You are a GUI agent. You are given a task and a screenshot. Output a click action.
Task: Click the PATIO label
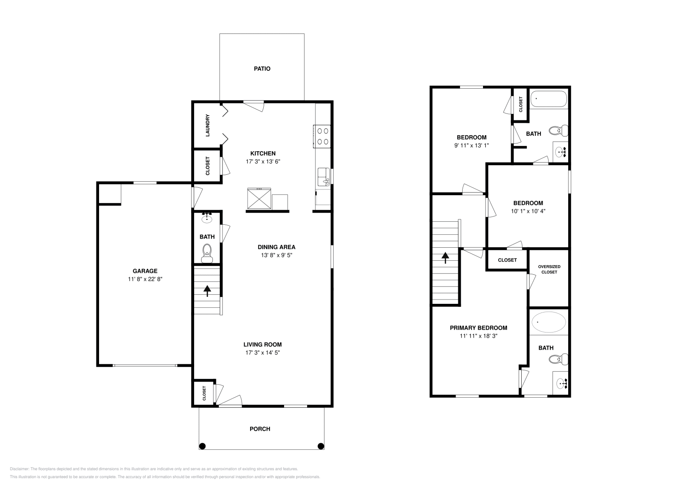pos(262,69)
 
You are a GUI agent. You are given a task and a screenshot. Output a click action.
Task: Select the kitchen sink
pos(323,176)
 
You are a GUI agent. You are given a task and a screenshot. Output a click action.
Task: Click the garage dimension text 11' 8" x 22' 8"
pos(145,279)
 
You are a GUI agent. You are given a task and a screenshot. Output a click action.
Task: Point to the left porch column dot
pos(202,445)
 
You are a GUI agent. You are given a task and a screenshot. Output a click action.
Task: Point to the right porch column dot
pos(321,445)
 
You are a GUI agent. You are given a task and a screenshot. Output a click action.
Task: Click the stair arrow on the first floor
pos(207,290)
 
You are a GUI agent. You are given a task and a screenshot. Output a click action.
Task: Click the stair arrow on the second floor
pos(445,258)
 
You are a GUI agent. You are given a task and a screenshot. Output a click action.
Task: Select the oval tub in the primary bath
pos(549,322)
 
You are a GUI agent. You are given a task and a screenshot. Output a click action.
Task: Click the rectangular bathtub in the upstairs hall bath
pos(549,99)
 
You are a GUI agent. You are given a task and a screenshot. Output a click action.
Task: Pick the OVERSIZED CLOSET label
pos(549,269)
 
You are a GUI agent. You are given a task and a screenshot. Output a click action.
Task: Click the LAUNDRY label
pos(208,125)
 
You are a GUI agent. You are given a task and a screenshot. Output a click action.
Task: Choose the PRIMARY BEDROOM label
pos(478,328)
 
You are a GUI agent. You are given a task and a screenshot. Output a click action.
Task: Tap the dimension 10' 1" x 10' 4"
pos(528,211)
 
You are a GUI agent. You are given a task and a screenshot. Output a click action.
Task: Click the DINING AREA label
pos(276,247)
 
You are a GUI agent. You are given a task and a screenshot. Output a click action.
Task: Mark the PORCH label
pos(260,429)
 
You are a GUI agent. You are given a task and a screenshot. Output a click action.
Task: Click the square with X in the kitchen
pos(259,199)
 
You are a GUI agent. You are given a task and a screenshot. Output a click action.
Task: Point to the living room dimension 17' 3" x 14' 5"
pos(262,352)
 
